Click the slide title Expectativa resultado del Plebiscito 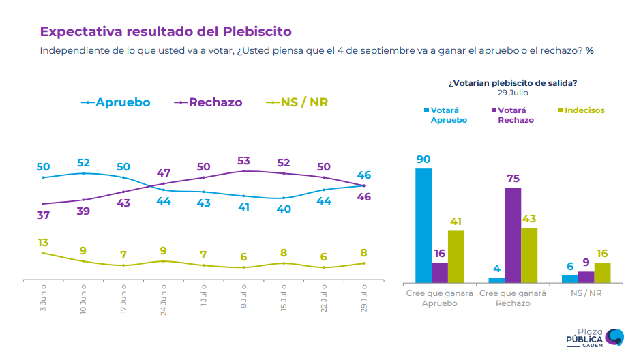point(166,31)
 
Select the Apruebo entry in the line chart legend point(116,102)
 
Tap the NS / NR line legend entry point(297,102)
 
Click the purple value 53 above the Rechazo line point(244,161)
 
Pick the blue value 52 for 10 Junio point(83,163)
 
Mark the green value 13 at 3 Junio point(43,243)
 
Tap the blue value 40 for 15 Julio point(284,209)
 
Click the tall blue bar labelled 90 point(423,225)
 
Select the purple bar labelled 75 point(513,235)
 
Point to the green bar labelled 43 point(529,255)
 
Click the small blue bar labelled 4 point(497,280)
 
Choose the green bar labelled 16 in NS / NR point(602,272)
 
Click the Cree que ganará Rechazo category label point(513,298)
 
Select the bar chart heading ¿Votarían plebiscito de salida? point(513,83)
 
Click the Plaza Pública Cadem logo point(595,337)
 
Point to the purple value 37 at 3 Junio point(44,215)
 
